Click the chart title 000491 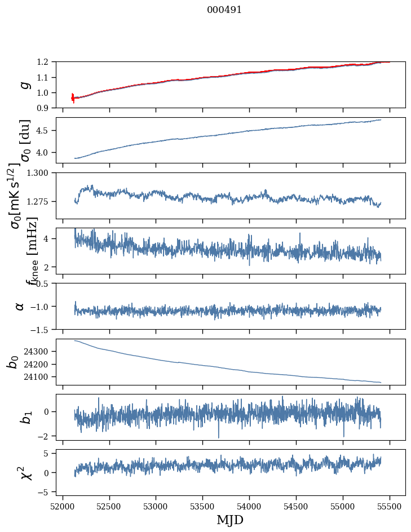pos(224,10)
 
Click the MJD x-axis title pos(230,520)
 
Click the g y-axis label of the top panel pos(23,85)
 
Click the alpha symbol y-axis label pos(20,306)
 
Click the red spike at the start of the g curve pos(73,98)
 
